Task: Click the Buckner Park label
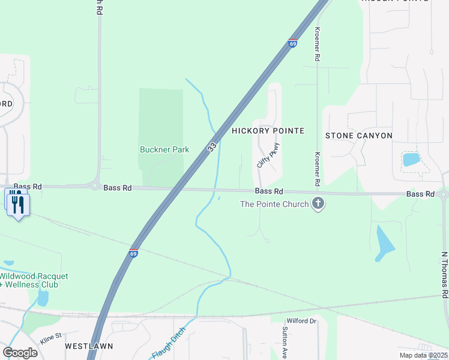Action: tap(164, 149)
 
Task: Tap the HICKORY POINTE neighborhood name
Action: tap(268, 131)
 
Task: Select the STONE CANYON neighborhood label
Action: tap(359, 136)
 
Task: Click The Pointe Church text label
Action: tap(274, 204)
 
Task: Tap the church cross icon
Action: tap(318, 204)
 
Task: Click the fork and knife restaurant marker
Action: tap(17, 205)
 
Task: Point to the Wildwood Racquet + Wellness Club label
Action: tap(34, 280)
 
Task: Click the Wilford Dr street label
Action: tap(301, 321)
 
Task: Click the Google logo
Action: tap(20, 353)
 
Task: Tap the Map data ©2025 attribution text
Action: tap(423, 355)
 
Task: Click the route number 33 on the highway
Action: tap(212, 147)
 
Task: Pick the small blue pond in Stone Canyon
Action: tap(411, 159)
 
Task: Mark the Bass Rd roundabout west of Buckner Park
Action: tap(94, 185)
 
